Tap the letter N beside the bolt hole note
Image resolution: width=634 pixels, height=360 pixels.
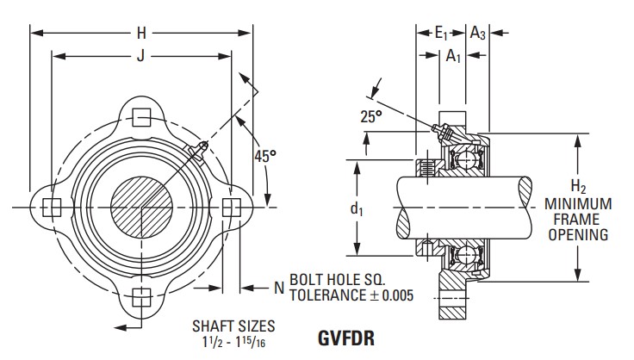pos(278,289)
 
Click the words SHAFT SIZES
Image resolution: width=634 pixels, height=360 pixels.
pos(234,326)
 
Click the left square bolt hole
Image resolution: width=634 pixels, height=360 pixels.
pos(53,208)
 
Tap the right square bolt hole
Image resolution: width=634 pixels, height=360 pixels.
pos(231,208)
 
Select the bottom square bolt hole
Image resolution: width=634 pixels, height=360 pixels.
pos(141,298)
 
